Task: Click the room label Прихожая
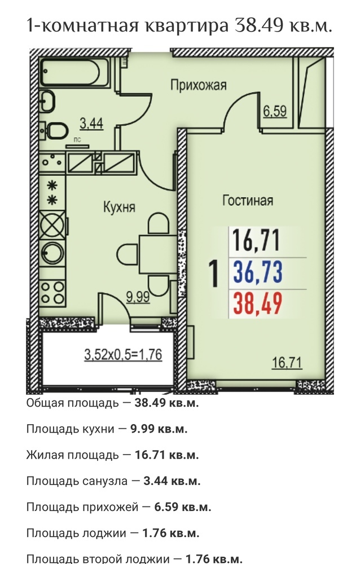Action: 199,85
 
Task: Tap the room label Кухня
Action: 119,207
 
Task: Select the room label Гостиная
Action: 248,200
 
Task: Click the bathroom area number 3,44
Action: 91,124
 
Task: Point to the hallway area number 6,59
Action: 275,111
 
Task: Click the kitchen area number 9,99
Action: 138,297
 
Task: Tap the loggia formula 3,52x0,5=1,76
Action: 123,355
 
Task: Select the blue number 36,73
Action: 258,272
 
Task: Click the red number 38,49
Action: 258,303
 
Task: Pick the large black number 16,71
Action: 256,240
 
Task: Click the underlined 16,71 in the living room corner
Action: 287,362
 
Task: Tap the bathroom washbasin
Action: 47,100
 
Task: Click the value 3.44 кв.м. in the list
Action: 172,481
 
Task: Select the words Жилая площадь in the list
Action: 72,455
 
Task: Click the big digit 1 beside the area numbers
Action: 214,274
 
